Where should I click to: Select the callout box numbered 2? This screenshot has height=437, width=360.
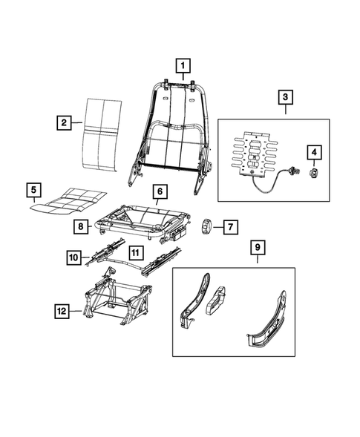point(65,122)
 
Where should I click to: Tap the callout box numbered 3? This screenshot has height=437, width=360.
point(284,97)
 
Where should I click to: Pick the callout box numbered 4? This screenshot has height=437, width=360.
point(315,153)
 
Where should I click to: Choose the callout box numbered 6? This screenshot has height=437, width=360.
point(158,191)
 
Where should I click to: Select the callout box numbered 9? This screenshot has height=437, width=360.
point(256,248)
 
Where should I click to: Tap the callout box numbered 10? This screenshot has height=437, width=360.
point(73,257)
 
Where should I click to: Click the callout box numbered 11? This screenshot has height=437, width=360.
point(136,252)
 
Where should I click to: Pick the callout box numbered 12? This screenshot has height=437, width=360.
point(63,311)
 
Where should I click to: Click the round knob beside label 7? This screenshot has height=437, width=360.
point(208,225)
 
